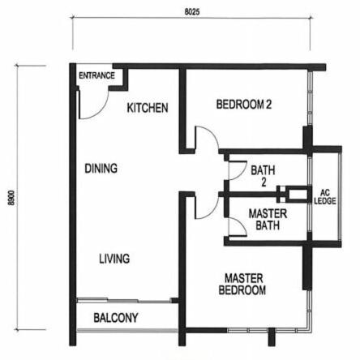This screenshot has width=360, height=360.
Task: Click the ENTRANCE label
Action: [x=96, y=75]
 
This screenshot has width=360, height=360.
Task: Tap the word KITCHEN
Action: [x=148, y=108]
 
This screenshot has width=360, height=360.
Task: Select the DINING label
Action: [x=101, y=169]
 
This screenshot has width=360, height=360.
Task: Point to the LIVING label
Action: [x=114, y=259]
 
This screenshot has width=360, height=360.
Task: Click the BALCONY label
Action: [x=116, y=318]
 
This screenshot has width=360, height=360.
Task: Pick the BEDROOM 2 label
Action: [x=244, y=105]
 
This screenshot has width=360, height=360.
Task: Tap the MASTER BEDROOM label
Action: [x=242, y=284]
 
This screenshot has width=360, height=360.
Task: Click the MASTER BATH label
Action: [x=268, y=220]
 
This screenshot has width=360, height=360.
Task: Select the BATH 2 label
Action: [x=263, y=176]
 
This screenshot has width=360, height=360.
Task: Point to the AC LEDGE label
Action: [x=325, y=197]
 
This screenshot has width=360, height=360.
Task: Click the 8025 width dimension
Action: [x=192, y=12]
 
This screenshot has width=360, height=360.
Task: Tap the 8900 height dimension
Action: [x=11, y=198]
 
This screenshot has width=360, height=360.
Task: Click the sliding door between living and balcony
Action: [x=124, y=300]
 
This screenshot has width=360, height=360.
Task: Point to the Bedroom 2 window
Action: [x=310, y=99]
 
